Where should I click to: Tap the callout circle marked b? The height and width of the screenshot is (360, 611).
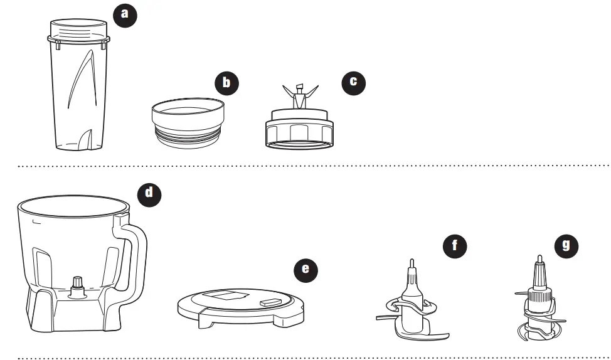click(x=226, y=83)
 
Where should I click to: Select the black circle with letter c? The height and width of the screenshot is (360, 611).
click(x=353, y=82)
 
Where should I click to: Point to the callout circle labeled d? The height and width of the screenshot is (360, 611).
click(x=149, y=192)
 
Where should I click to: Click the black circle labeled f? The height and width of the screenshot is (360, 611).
click(x=455, y=245)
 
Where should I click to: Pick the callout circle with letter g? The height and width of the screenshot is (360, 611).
click(x=566, y=245)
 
